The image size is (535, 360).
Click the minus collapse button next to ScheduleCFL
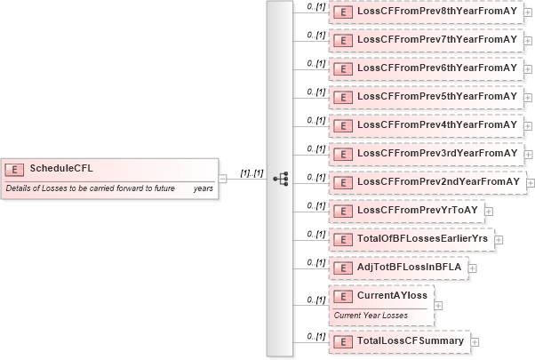tap(222, 178)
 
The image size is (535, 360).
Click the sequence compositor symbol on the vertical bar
tap(280, 179)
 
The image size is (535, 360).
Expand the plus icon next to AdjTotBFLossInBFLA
tap(472, 268)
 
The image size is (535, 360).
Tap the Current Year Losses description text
tap(370, 315)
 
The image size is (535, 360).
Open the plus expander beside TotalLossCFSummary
tap(475, 341)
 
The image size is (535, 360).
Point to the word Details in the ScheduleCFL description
tap(20, 188)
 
